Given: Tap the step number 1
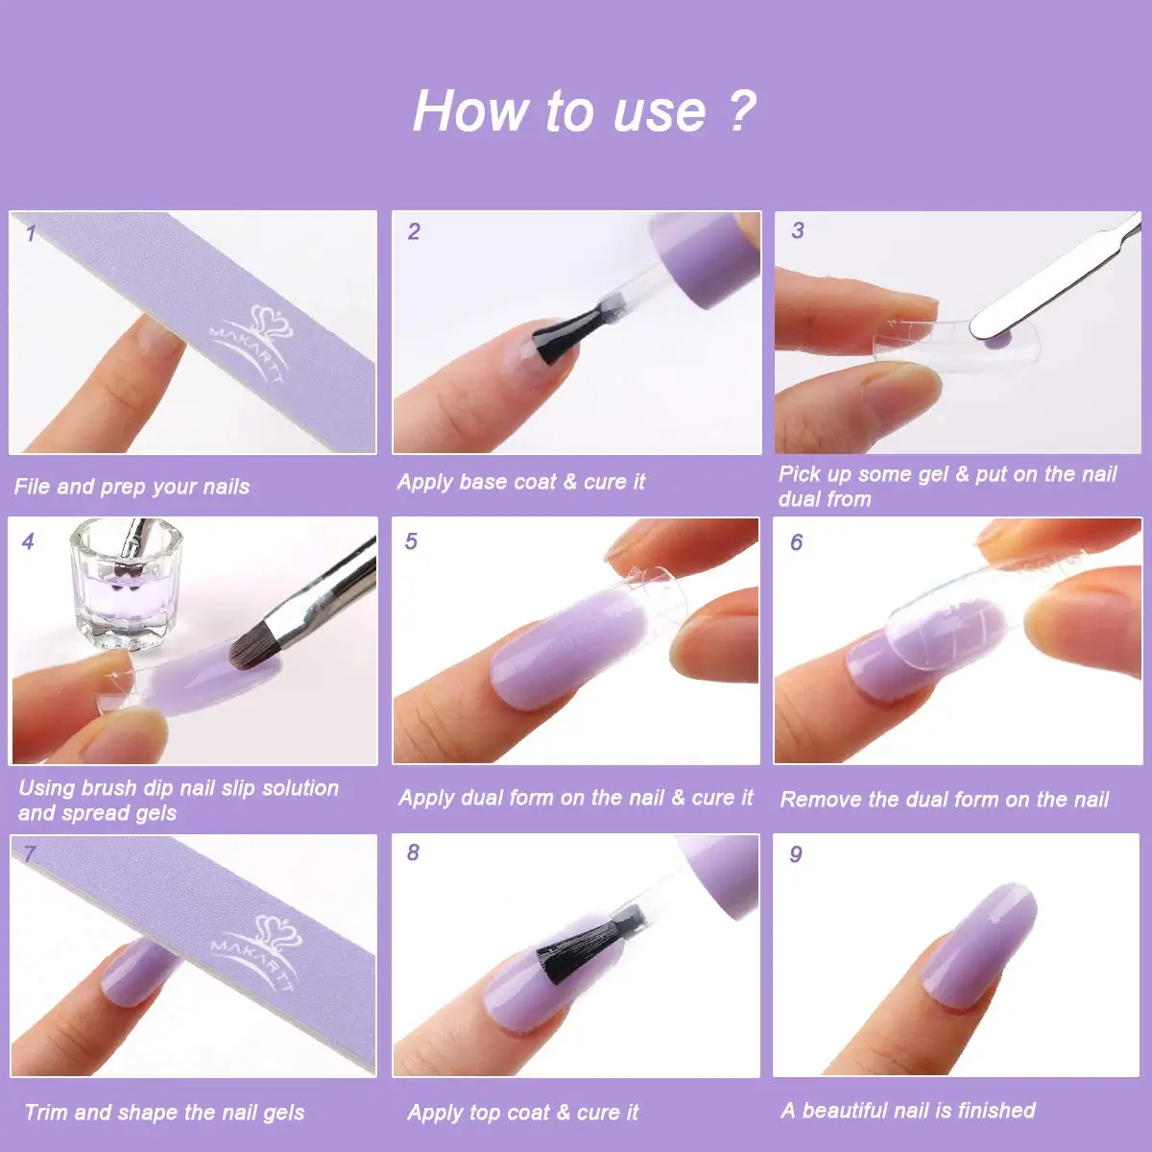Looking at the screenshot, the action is click(x=31, y=233).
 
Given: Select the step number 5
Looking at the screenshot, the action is click(x=411, y=541).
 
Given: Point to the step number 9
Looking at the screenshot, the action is click(x=796, y=854).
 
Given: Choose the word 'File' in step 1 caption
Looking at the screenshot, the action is click(x=33, y=486).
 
